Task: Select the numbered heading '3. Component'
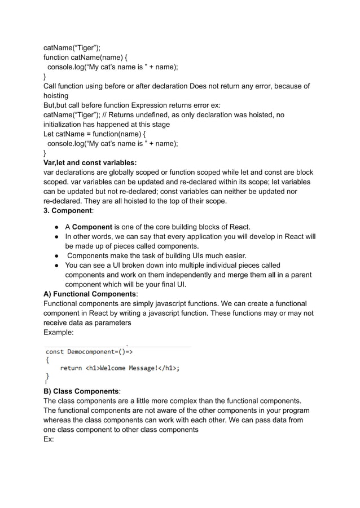pos(68,210)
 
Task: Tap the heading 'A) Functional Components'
pos(90,294)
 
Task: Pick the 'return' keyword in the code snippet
pos(71,369)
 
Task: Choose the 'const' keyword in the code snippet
pos(54,352)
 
